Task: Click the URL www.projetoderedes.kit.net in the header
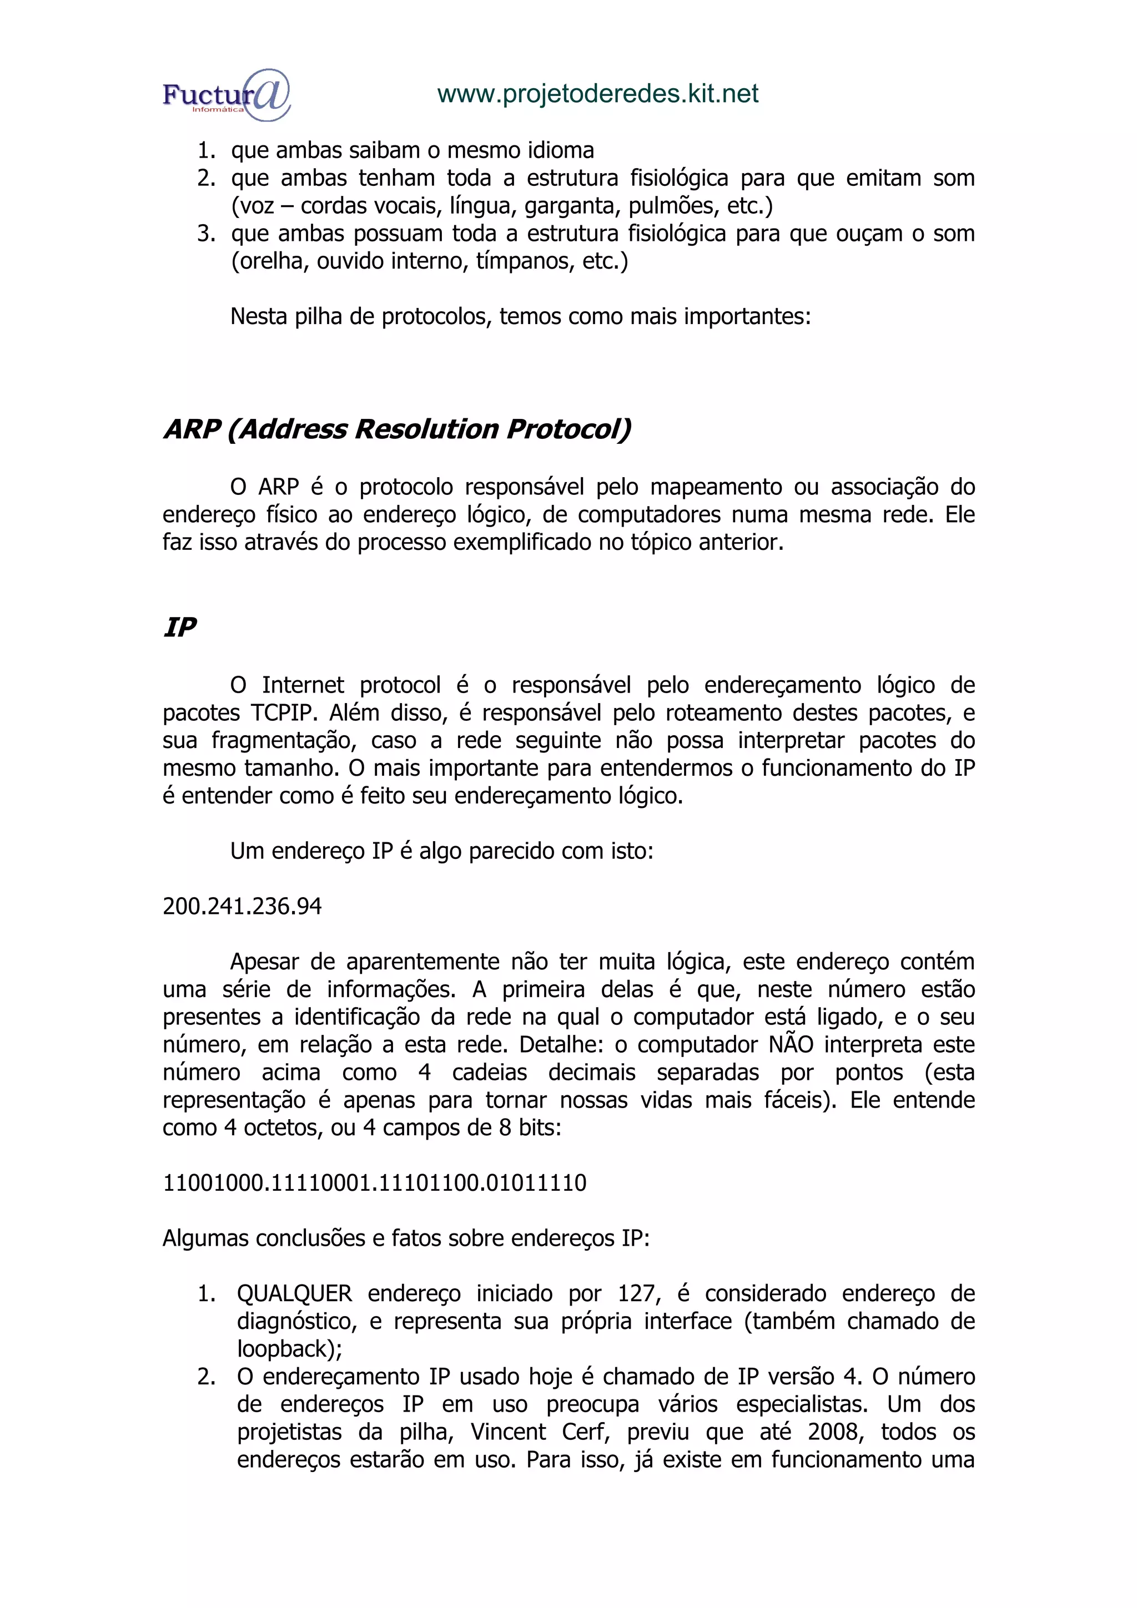pos(597,94)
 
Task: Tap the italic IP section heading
pos(179,627)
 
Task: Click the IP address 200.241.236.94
pos(242,906)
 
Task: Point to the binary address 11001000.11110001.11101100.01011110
pos(374,1183)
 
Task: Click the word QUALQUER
pos(294,1293)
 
